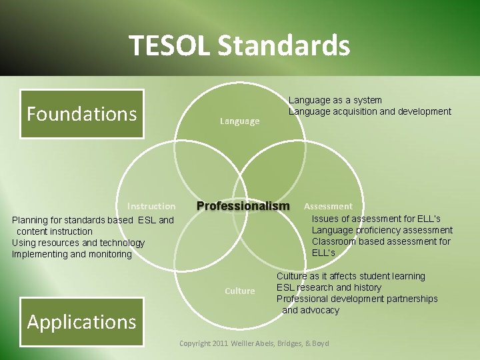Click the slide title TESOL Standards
click(239, 46)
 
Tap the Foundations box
click(81, 114)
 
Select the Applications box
click(81, 322)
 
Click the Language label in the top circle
click(239, 121)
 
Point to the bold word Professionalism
click(243, 206)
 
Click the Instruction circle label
click(151, 206)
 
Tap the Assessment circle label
click(328, 207)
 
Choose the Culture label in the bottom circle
click(239, 291)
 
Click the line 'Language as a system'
click(335, 100)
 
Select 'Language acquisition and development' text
click(369, 111)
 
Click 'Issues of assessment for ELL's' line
click(376, 219)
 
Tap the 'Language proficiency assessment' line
click(382, 230)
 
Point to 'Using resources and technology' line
click(78, 243)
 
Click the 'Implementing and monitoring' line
click(72, 254)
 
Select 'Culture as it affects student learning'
click(351, 276)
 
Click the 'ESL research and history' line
click(329, 287)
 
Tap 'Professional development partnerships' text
click(357, 299)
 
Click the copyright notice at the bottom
click(254, 343)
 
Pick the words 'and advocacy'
click(311, 310)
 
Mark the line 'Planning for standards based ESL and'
click(93, 220)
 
